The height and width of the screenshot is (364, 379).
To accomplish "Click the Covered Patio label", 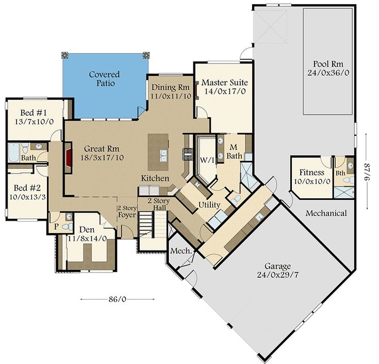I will point(104,78).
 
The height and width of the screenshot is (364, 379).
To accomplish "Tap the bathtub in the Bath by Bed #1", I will point(13,151).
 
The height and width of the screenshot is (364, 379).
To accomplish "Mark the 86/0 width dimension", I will point(118,299).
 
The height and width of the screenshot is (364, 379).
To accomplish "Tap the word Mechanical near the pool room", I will point(326,213).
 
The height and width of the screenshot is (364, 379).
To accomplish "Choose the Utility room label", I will point(209,205).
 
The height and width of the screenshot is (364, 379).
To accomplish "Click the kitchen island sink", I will point(162,155).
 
